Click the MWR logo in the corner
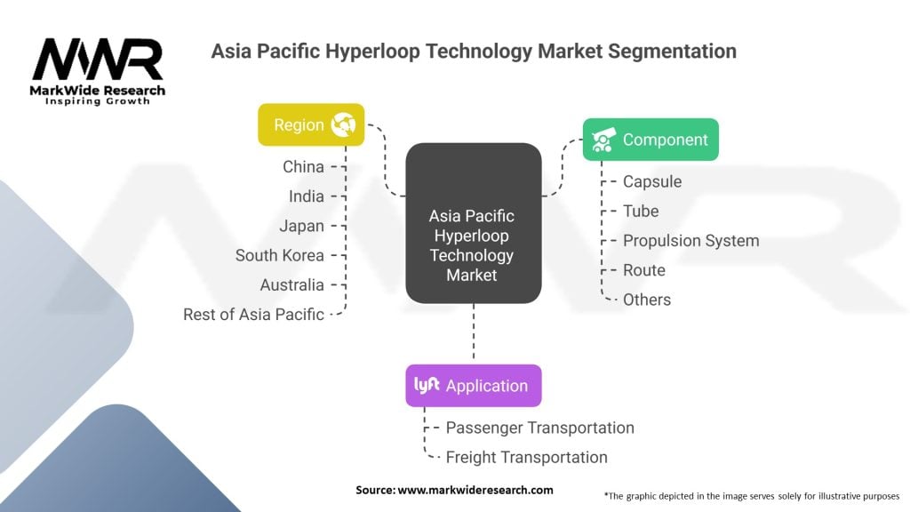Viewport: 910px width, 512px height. (98, 69)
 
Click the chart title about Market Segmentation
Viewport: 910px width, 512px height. (474, 52)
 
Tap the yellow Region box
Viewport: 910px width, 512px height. (311, 125)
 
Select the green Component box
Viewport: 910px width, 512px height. (651, 140)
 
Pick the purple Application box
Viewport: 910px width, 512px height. (473, 386)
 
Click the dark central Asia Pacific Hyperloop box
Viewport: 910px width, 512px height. (473, 245)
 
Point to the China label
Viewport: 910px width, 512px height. (303, 166)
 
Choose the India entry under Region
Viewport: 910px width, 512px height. (307, 196)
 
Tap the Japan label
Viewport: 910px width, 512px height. (302, 226)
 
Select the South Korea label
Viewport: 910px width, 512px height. (279, 255)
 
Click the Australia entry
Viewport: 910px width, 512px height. (291, 285)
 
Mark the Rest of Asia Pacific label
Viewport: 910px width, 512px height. (253, 315)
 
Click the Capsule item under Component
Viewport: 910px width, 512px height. (652, 181)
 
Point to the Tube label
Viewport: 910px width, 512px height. (641, 211)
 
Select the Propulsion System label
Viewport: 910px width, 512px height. (690, 241)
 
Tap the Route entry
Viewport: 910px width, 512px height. (643, 270)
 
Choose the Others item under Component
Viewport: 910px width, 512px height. (647, 300)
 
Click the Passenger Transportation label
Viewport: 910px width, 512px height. (539, 428)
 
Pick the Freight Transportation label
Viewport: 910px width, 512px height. (526, 458)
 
